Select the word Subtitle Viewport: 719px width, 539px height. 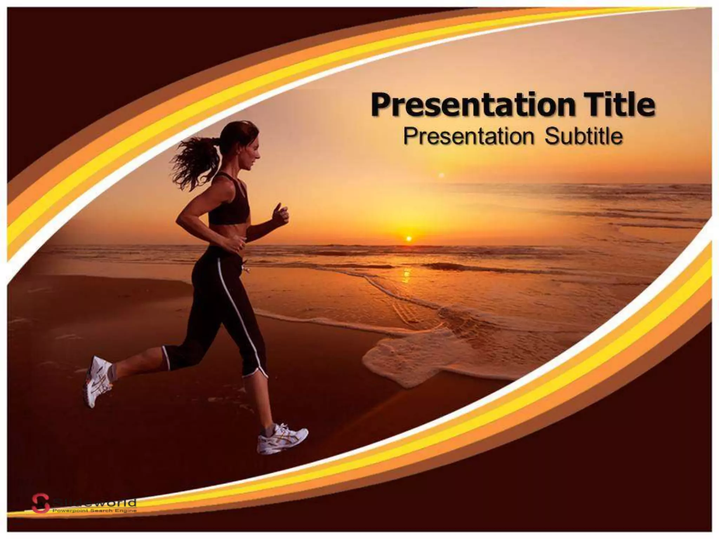(x=583, y=137)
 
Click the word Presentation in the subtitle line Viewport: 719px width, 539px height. (x=468, y=137)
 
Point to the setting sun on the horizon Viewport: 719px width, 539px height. (x=408, y=239)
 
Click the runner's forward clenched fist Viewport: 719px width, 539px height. (x=281, y=214)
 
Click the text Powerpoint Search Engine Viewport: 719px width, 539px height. (x=94, y=511)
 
